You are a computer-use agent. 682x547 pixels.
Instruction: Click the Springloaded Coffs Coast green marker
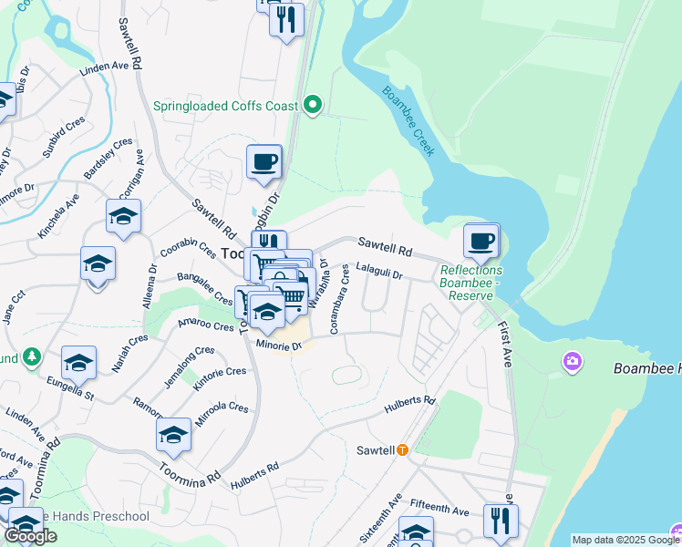(313, 106)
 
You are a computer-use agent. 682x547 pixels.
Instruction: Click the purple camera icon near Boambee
(572, 362)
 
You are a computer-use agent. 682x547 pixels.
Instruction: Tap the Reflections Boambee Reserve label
(470, 277)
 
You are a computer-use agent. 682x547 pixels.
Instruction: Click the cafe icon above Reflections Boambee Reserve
(480, 242)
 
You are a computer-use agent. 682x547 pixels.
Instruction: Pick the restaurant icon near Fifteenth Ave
(500, 521)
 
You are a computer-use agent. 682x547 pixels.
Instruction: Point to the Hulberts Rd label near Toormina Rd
(254, 473)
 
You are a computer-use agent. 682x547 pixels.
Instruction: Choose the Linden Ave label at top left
(104, 67)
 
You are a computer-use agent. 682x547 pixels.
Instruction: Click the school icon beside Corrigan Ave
(123, 217)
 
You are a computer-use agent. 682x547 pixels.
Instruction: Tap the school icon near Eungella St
(78, 364)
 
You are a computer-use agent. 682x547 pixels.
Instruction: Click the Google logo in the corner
(30, 536)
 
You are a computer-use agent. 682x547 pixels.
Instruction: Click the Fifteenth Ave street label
(439, 511)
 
